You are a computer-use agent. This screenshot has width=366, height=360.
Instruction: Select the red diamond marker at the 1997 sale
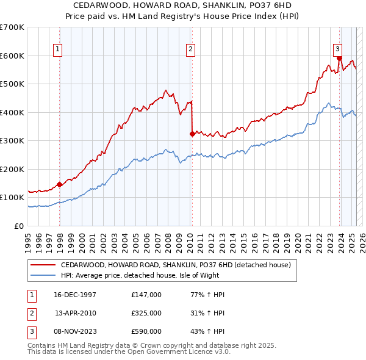coord(60,184)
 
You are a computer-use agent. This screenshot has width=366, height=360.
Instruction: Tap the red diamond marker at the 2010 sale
coord(192,134)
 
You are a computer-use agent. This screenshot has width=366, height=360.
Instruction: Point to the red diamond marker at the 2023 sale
coord(339,59)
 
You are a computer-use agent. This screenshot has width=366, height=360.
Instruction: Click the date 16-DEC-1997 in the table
coord(75,295)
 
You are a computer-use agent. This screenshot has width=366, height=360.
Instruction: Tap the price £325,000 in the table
coord(146,313)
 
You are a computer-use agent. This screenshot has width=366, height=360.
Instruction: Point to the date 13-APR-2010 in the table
coord(76,313)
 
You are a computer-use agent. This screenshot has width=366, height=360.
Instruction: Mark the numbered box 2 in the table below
coord(31,313)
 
